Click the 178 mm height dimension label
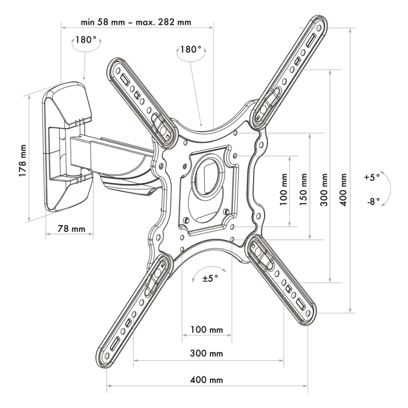click(23, 161)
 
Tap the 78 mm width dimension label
click(71, 229)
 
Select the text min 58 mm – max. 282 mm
click(136, 22)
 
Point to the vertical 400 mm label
click(343, 190)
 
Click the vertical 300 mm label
click(324, 190)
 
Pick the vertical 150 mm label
click(303, 189)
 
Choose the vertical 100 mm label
click(284, 189)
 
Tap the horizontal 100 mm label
click(207, 330)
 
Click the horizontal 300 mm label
click(206, 353)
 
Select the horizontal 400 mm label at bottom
click(206, 380)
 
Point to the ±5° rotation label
click(210, 278)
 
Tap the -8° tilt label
click(373, 201)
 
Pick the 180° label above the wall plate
click(86, 39)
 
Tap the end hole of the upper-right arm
click(319, 28)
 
